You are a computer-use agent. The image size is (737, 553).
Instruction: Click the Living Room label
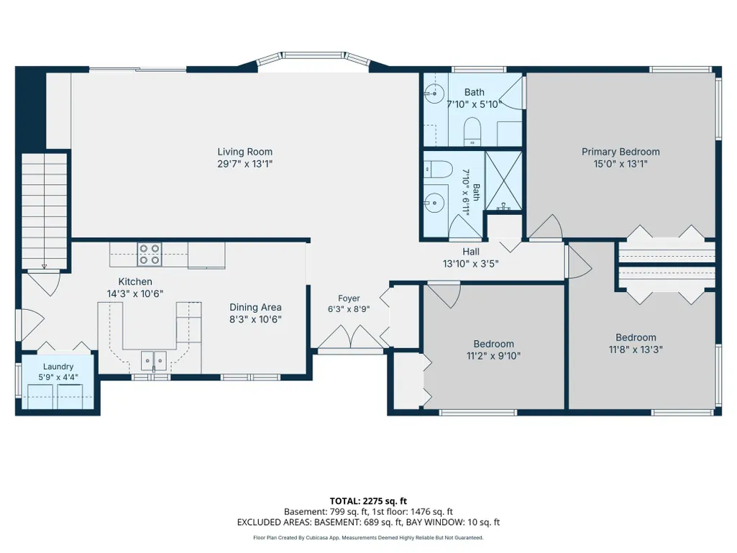[x=245, y=152]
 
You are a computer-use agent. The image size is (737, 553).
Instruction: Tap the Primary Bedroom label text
[x=621, y=152]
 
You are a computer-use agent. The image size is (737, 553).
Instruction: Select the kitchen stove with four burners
[x=150, y=255]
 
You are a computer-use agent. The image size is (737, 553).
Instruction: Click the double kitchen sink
[x=154, y=361]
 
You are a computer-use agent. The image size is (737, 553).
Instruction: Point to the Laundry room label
[x=58, y=367]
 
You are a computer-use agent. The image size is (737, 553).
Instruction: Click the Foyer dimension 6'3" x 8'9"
[x=349, y=309]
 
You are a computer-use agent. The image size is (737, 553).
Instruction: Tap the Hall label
[x=471, y=252]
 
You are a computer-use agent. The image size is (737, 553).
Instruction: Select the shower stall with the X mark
[x=503, y=180]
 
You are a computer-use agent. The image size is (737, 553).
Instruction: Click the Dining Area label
[x=255, y=308]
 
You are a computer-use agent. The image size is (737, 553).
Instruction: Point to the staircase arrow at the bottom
[x=44, y=267]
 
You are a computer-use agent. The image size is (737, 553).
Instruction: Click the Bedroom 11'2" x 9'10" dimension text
[x=493, y=356]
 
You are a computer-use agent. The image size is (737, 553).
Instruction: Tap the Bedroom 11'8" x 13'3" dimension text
[x=636, y=350]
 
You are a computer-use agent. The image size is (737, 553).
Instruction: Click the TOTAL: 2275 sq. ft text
[x=368, y=501]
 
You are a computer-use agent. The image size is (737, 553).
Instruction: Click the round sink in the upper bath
[x=434, y=93]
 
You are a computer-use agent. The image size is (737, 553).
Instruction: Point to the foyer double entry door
[x=351, y=337]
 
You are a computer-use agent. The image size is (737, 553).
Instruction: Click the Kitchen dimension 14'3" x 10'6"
[x=135, y=294]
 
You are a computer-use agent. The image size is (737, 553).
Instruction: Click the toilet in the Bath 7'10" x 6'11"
[x=438, y=169]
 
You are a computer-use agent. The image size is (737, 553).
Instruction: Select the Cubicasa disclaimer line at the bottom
[x=368, y=537]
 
